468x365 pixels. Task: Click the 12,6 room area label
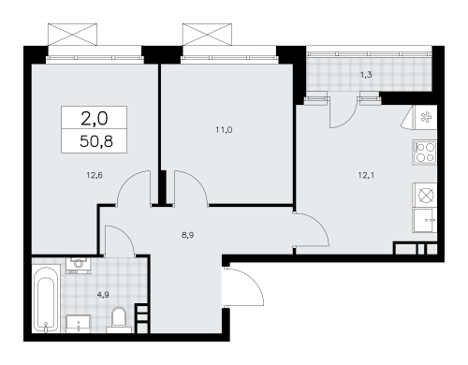[x=95, y=175]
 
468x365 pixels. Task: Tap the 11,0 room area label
[x=224, y=130]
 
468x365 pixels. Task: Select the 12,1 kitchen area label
[x=366, y=175]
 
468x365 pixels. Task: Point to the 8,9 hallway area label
[x=187, y=235]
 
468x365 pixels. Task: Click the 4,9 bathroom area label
[x=103, y=295]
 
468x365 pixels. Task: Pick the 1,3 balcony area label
[x=366, y=75]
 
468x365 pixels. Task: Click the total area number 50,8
[x=96, y=141]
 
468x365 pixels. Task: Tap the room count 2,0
[x=95, y=119]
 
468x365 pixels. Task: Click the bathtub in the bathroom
[x=46, y=299]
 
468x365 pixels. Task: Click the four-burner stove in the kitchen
[x=425, y=153]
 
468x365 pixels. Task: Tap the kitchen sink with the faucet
[x=425, y=221]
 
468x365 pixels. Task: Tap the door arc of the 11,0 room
[x=198, y=181]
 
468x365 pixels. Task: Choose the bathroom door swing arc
[x=125, y=235]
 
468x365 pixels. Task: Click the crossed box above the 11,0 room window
[x=207, y=34]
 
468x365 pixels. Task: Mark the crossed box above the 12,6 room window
[x=72, y=34]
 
